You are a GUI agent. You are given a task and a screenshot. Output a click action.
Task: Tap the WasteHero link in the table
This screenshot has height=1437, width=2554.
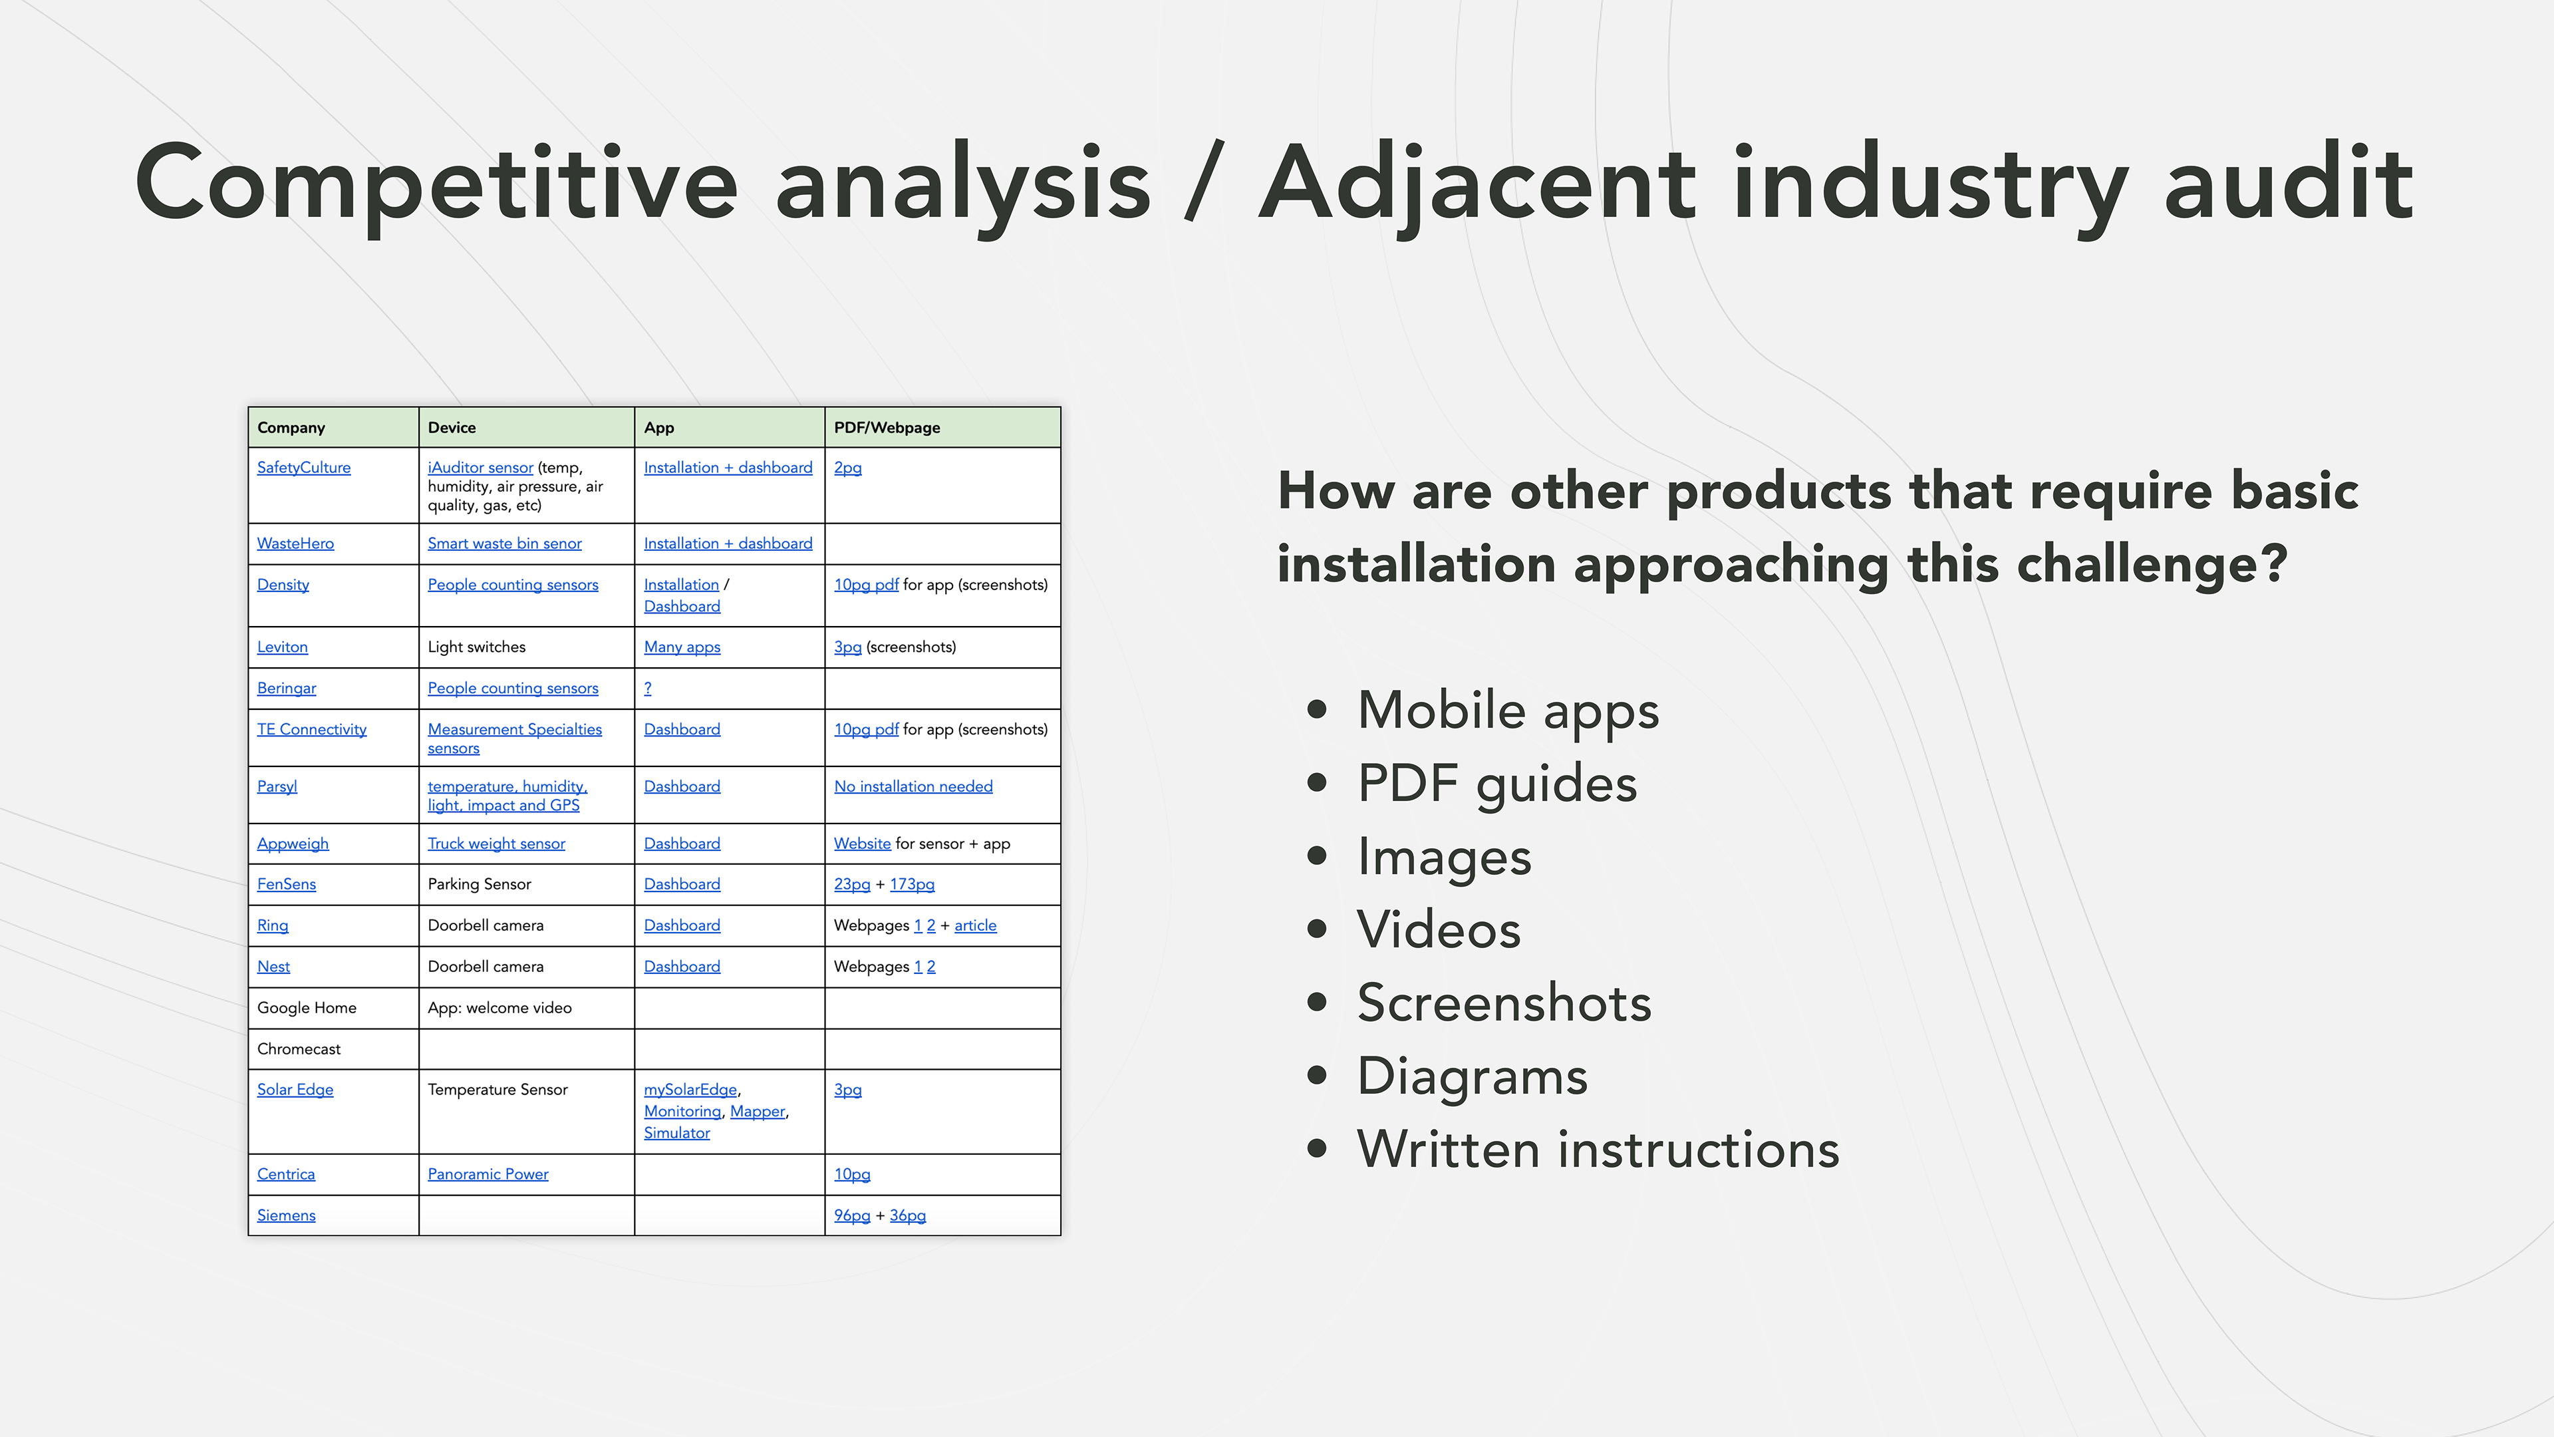click(x=295, y=544)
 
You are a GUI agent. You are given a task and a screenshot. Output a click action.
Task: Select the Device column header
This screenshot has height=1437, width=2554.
click(x=452, y=427)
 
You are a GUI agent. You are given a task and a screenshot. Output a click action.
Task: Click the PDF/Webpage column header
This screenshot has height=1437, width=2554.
click(x=887, y=427)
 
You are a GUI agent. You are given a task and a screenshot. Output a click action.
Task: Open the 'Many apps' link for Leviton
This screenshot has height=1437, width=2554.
click(x=682, y=647)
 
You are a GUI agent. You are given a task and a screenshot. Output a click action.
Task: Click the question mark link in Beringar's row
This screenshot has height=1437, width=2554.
click(x=647, y=689)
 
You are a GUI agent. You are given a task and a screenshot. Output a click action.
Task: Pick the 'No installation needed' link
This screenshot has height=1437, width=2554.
click(x=913, y=786)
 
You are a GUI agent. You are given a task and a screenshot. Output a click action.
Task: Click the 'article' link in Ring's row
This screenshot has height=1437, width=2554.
click(x=976, y=925)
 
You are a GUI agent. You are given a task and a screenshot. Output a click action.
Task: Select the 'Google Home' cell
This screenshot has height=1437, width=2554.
click(x=307, y=1008)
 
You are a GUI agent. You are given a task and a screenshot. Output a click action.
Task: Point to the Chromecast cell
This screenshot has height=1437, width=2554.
click(x=299, y=1049)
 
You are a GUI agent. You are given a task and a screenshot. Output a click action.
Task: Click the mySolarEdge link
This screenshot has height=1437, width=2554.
click(x=690, y=1089)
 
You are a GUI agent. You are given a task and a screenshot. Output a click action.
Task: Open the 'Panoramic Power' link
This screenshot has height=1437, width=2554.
click(x=488, y=1174)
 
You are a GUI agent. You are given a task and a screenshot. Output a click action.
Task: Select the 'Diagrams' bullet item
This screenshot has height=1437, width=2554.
click(x=1473, y=1076)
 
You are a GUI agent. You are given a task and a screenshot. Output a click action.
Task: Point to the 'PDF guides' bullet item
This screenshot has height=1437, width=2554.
click(x=1497, y=784)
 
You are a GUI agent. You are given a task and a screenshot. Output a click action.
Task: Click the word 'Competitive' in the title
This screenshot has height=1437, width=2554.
click(x=436, y=184)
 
